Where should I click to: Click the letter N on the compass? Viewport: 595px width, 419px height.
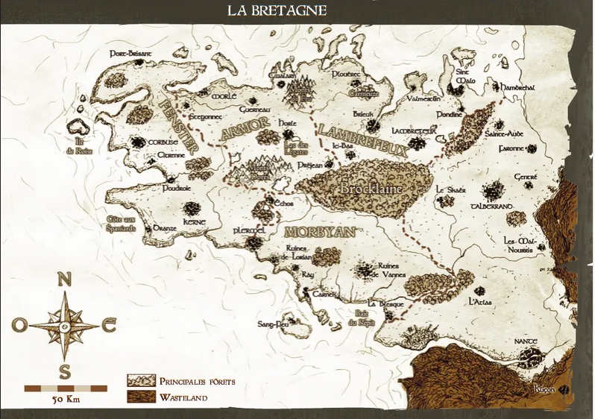point(65,280)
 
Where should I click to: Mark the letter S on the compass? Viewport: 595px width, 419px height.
point(65,371)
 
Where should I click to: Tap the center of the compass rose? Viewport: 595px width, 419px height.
point(65,325)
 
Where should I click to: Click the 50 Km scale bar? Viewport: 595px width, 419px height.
point(65,388)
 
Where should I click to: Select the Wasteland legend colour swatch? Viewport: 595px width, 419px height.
point(140,397)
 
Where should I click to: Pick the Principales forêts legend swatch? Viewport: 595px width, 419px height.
point(140,382)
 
